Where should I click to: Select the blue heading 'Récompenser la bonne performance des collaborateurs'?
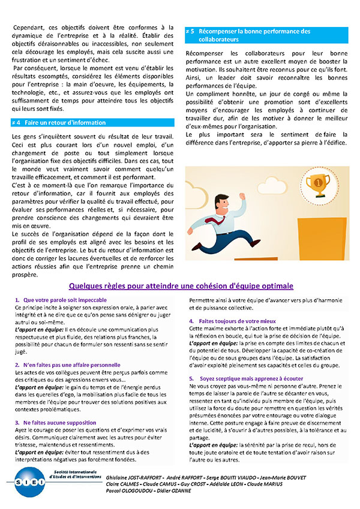point(266,35)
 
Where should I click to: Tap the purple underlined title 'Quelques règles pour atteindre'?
point(181,285)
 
